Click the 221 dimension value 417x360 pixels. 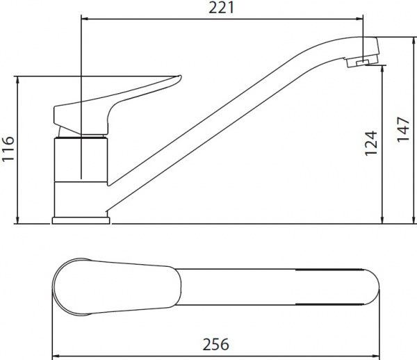pos(221,8)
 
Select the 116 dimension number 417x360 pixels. pos(8,149)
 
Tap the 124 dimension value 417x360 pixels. pos(371,143)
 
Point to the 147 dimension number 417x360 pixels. pos(403,129)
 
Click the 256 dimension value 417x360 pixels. pos(215,344)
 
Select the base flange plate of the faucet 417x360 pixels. pos(81,220)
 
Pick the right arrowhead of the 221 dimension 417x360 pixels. pos(360,19)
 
